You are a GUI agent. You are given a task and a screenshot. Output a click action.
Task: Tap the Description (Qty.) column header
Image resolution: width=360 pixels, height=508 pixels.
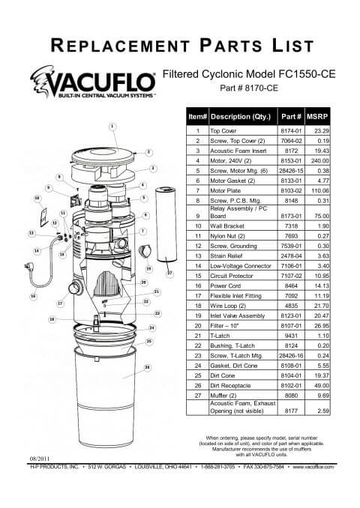click(x=241, y=117)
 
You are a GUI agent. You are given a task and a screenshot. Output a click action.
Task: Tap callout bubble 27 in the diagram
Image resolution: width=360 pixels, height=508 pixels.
click(x=170, y=273)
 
